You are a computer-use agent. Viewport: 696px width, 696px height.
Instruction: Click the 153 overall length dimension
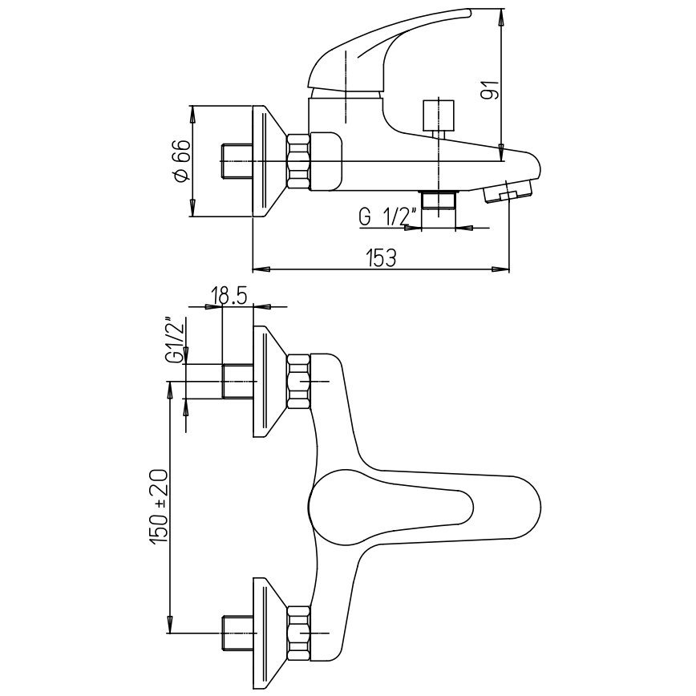[381, 258]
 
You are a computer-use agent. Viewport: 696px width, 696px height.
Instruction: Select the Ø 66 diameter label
[183, 160]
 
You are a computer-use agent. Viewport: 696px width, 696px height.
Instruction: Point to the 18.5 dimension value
[229, 296]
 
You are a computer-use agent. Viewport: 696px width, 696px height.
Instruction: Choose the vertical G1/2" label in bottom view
[176, 341]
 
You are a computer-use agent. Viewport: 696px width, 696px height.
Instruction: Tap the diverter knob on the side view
[439, 117]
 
